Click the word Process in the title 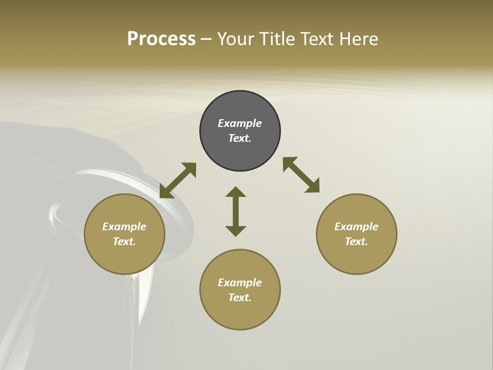click(161, 39)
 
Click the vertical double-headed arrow click(236, 211)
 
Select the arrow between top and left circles click(178, 180)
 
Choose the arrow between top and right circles click(301, 175)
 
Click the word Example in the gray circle click(240, 123)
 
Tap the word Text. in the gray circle click(240, 138)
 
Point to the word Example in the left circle click(124, 227)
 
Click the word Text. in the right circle click(356, 242)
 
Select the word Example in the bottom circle click(240, 283)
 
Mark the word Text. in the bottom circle click(240, 298)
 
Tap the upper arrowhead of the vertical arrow click(236, 191)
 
